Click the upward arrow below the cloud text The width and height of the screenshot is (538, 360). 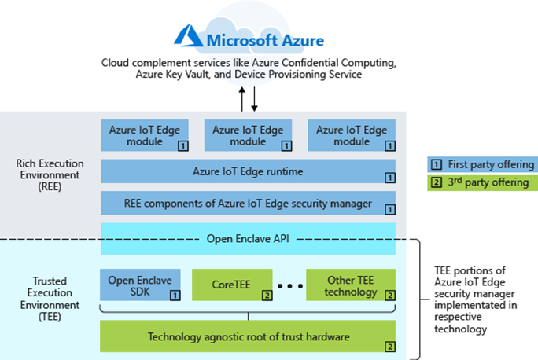(242, 98)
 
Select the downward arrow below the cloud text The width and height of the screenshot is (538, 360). (255, 98)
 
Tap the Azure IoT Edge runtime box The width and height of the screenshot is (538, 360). (248, 171)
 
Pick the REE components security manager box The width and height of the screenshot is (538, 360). (248, 203)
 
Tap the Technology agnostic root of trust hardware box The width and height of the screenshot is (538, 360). (248, 337)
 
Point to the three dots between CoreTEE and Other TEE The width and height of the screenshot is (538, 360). (289, 286)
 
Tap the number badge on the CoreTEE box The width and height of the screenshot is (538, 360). (267, 296)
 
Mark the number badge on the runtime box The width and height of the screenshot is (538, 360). (389, 178)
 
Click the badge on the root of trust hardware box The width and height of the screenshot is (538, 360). (389, 346)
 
